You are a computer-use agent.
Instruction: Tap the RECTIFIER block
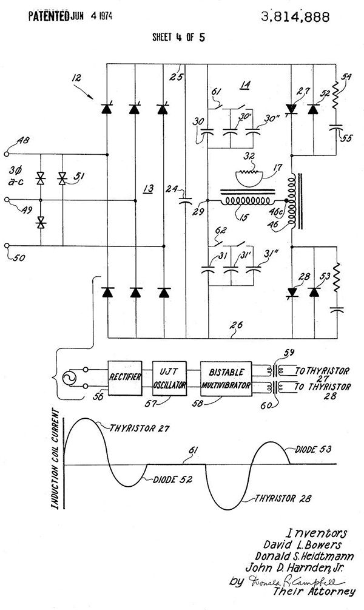point(126,377)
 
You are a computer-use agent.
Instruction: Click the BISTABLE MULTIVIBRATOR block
point(225,377)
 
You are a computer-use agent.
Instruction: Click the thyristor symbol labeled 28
point(292,293)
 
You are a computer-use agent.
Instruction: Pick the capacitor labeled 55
point(334,128)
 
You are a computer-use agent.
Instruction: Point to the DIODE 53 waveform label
point(316,450)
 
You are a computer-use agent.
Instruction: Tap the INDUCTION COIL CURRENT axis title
point(55,462)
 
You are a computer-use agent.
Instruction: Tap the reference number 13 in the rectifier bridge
point(147,189)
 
